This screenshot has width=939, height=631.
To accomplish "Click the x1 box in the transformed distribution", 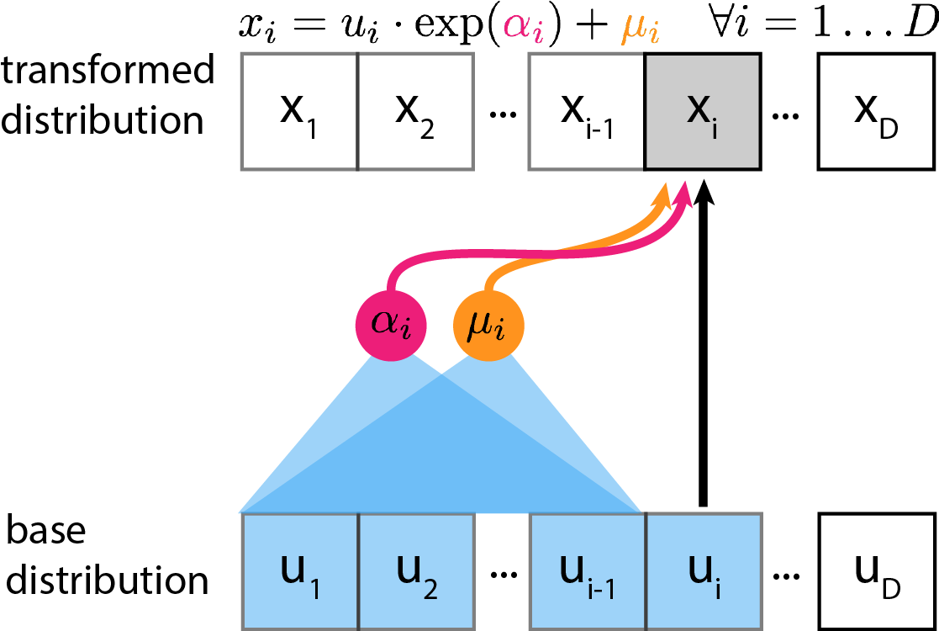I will click(300, 110).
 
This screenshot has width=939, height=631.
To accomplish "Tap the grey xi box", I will click(703, 110).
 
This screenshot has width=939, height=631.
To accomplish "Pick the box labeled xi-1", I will click(586, 110).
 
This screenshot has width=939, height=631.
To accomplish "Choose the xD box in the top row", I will click(875, 110).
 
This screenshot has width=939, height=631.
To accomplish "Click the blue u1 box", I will click(300, 570).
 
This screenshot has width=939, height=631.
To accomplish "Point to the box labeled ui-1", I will click(587, 570).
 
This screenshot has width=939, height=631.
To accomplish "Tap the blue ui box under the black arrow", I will click(703, 570).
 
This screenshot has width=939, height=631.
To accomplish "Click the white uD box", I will click(875, 570).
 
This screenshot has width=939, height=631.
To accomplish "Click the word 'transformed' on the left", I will click(108, 71).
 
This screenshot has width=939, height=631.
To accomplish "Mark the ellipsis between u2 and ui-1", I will click(502, 575).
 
